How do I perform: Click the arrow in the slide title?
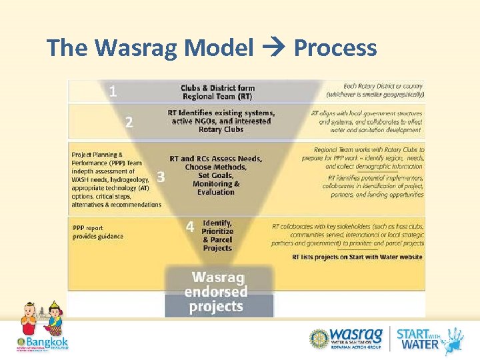273,48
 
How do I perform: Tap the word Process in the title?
335,48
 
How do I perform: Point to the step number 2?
129,122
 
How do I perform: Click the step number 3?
160,177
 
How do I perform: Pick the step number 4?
190,227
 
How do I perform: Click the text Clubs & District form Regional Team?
217,92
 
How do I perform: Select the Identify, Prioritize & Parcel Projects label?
217,235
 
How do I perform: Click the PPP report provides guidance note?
97,231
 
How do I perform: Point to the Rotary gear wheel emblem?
319,338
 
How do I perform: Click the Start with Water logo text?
418,338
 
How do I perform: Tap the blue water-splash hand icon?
455,339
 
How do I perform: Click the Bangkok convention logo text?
43,343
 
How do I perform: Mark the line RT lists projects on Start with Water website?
357,257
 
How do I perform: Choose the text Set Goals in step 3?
215,175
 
